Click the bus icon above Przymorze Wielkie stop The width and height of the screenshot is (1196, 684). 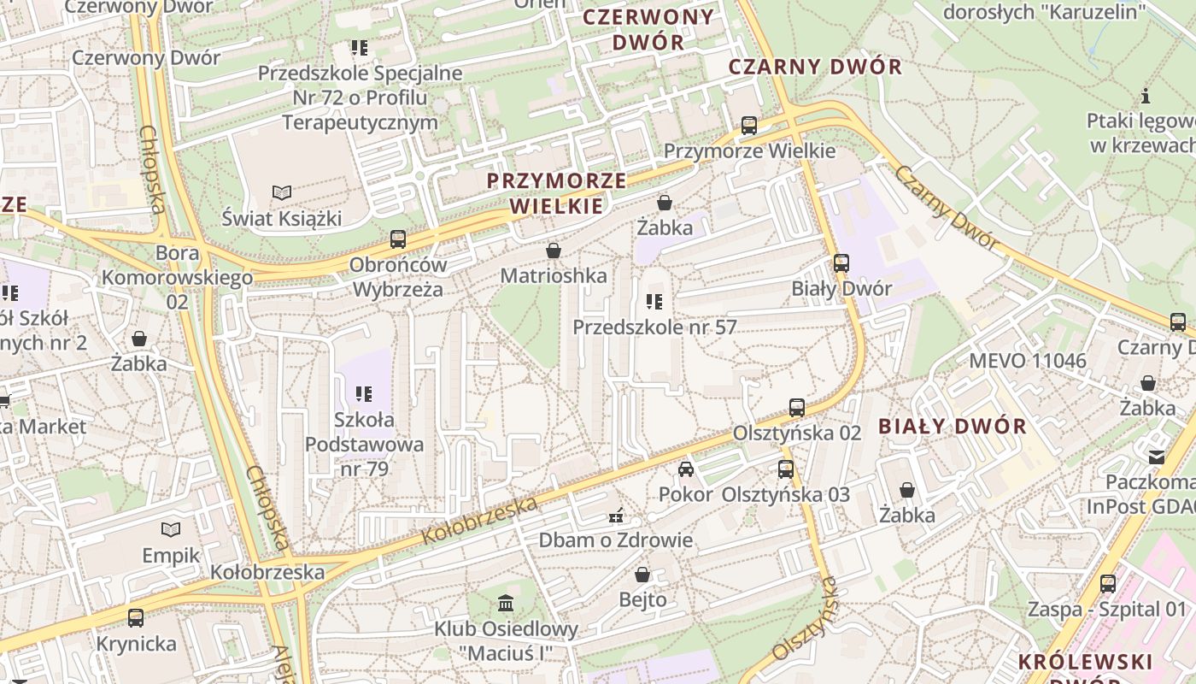tap(749, 126)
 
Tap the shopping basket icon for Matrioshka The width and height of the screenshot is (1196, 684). tap(554, 251)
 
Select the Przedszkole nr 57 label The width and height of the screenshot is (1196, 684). tap(654, 327)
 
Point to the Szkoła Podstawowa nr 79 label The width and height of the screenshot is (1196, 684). tap(365, 444)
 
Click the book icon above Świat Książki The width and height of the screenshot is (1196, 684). tap(281, 193)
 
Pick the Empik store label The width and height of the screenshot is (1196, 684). tap(171, 556)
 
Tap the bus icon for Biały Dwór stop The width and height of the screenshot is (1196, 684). tap(841, 263)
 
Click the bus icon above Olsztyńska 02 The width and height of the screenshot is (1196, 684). tap(797, 408)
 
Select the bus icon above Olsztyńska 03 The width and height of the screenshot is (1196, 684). tap(786, 469)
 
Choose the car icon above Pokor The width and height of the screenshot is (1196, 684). tap(685, 469)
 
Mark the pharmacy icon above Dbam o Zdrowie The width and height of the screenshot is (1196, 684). tap(615, 516)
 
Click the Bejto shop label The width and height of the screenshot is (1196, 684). tap(642, 599)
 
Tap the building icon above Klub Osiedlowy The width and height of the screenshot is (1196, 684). tap(506, 604)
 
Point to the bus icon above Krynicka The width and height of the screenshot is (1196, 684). tap(136, 618)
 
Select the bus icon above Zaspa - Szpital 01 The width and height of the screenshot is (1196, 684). tap(1108, 585)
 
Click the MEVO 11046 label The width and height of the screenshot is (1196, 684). tap(1028, 361)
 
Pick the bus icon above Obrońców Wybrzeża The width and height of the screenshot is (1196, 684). tap(398, 239)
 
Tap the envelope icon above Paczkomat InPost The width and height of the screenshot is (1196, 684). tap(1157, 457)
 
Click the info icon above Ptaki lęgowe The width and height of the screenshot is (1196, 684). tap(1146, 96)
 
